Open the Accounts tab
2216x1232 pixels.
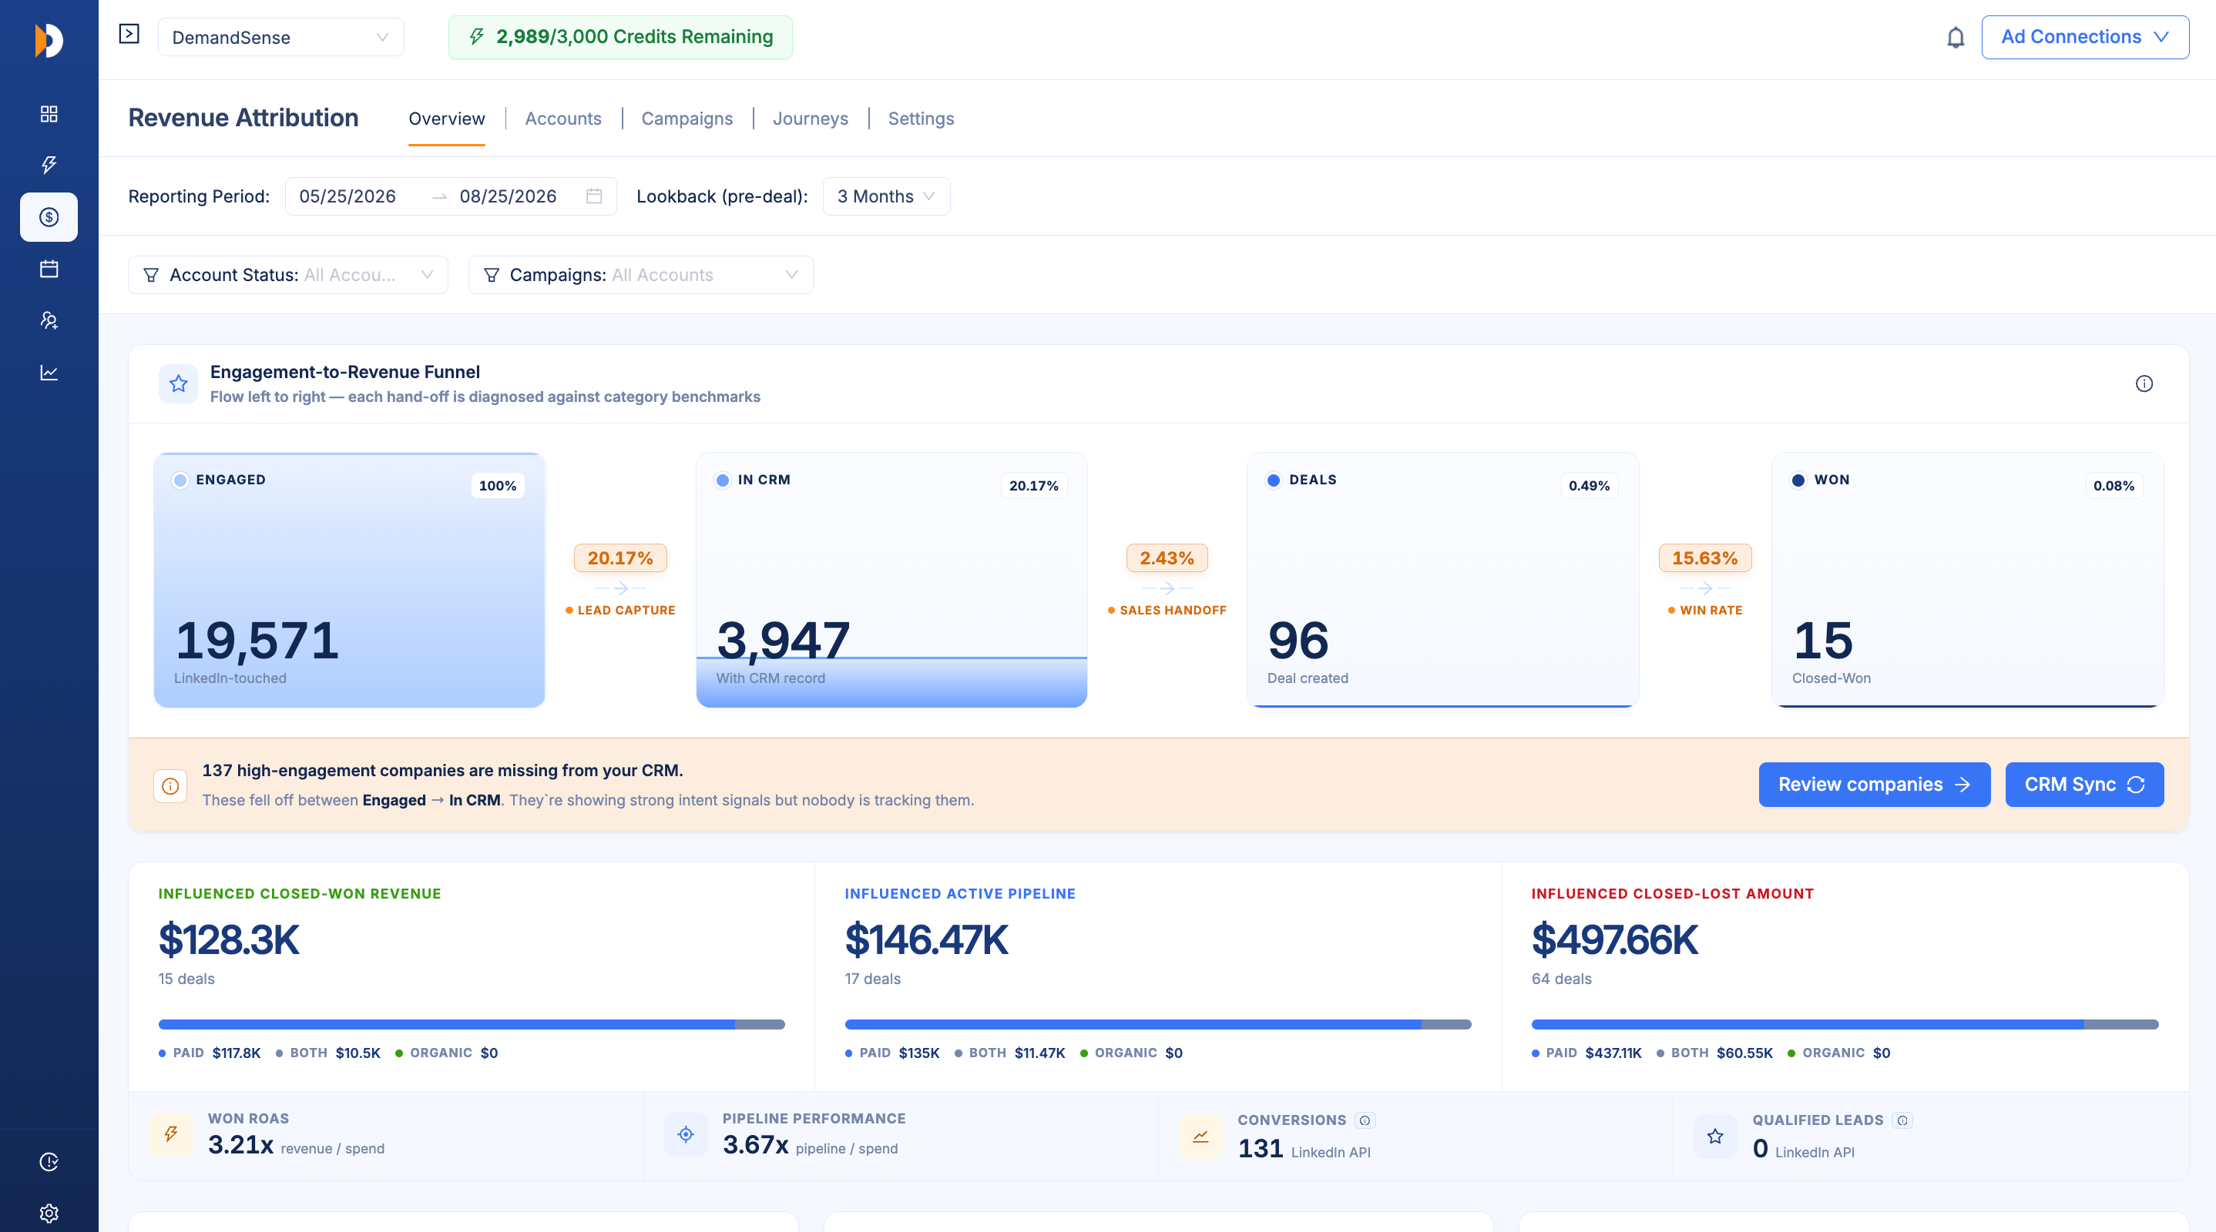[x=562, y=119]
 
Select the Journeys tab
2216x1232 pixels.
[x=810, y=119]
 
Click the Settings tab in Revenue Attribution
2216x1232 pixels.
[x=921, y=119]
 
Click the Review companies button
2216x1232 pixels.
[x=1874, y=784]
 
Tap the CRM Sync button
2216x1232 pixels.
[x=2083, y=784]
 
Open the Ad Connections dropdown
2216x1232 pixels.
[x=2084, y=37]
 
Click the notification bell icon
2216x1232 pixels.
[x=1956, y=38]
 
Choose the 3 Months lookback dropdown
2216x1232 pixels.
[x=886, y=196]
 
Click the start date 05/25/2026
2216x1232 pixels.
[x=348, y=196]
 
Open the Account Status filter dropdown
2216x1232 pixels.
[x=287, y=274]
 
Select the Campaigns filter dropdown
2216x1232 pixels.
[x=640, y=274]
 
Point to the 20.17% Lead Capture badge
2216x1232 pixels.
[x=619, y=558]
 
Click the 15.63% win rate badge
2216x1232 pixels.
[x=1704, y=558]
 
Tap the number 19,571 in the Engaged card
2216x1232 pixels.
[x=257, y=641]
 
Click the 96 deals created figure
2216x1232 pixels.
[x=1298, y=641]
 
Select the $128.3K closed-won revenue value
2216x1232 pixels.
[x=229, y=939]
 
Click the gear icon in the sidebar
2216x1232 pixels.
[x=49, y=1213]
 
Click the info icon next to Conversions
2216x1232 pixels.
[x=1365, y=1120]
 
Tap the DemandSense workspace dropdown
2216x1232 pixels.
[x=280, y=37]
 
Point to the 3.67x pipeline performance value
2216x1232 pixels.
[x=755, y=1144]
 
